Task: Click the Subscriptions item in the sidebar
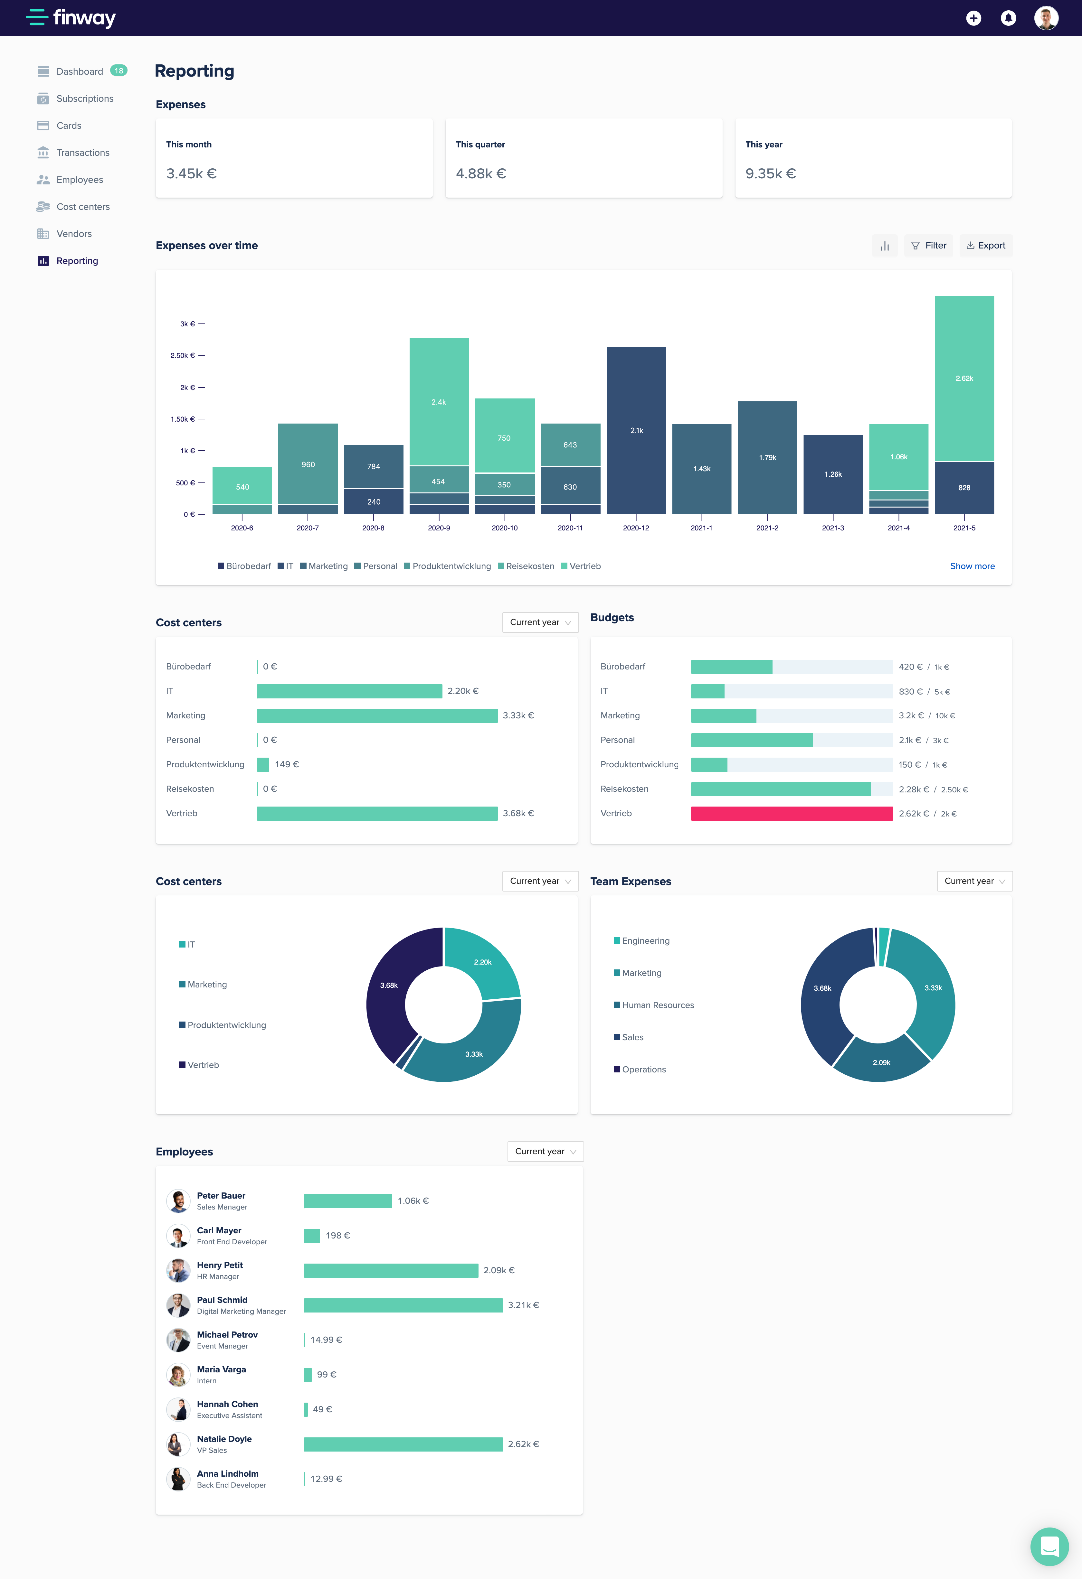coord(84,98)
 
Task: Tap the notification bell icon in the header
coord(1008,18)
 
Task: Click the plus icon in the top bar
coord(973,18)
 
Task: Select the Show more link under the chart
coord(972,566)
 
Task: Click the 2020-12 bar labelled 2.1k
coord(636,430)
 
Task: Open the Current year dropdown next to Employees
coord(545,1151)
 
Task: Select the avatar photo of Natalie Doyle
coord(178,1444)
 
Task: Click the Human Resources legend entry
coord(657,1005)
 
